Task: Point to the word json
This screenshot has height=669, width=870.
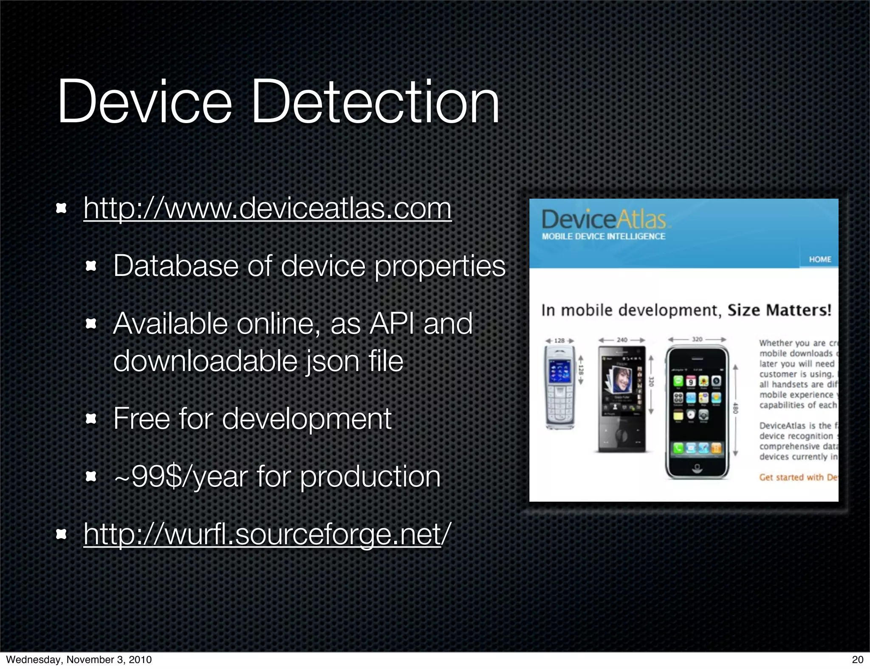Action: (x=332, y=361)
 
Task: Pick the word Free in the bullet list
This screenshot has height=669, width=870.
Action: (x=141, y=419)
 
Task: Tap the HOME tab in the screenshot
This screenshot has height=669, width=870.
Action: (x=819, y=259)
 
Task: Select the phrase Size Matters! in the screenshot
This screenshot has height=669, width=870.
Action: (x=779, y=310)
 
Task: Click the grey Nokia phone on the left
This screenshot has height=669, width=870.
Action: (x=560, y=387)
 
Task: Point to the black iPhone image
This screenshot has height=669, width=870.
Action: (x=697, y=412)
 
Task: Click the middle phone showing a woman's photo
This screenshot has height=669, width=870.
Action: (x=622, y=399)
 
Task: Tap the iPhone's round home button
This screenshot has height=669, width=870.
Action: (x=697, y=468)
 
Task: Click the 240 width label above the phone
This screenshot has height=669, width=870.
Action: (x=622, y=340)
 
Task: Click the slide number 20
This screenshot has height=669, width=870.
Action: (x=858, y=659)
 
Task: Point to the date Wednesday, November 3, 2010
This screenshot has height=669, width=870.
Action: (x=79, y=659)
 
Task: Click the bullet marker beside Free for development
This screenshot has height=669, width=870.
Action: (x=91, y=419)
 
